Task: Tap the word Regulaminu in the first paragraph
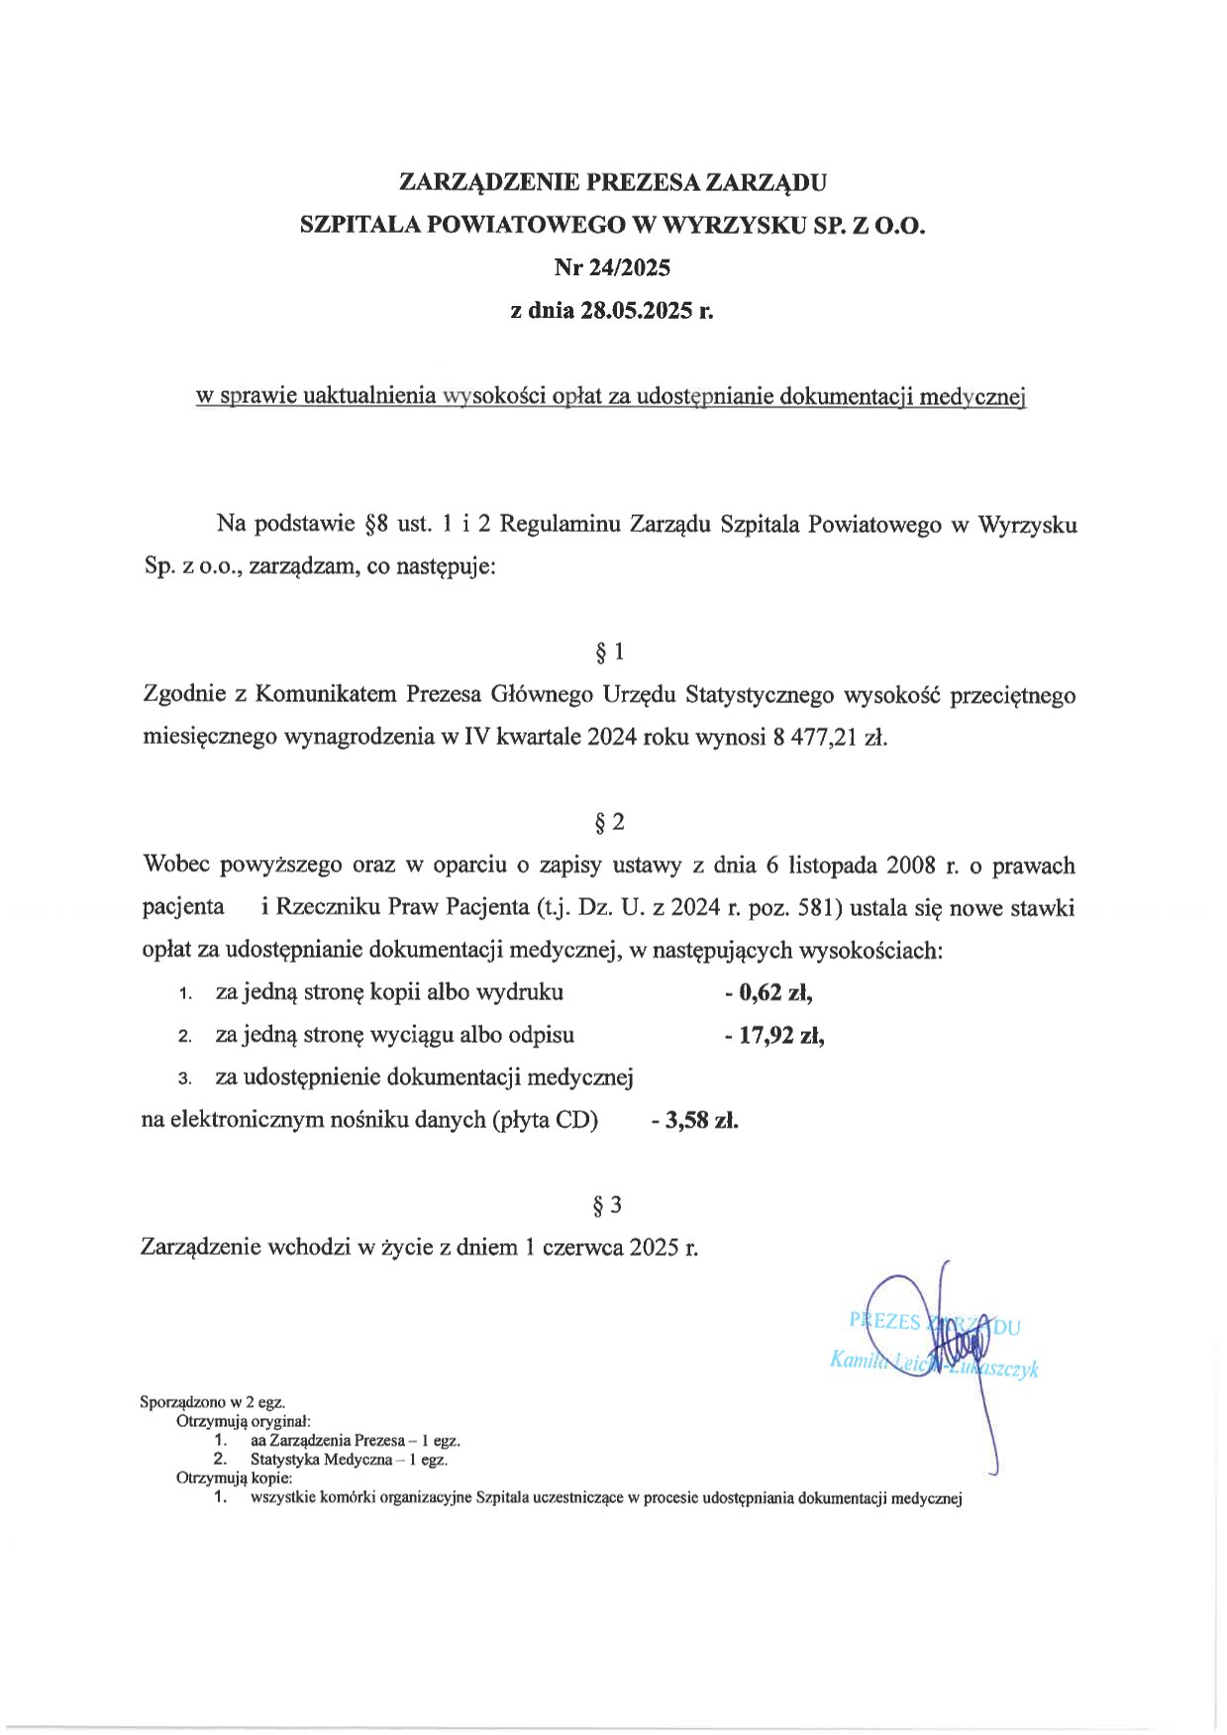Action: pos(561,525)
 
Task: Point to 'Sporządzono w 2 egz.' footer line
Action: pos(213,1402)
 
